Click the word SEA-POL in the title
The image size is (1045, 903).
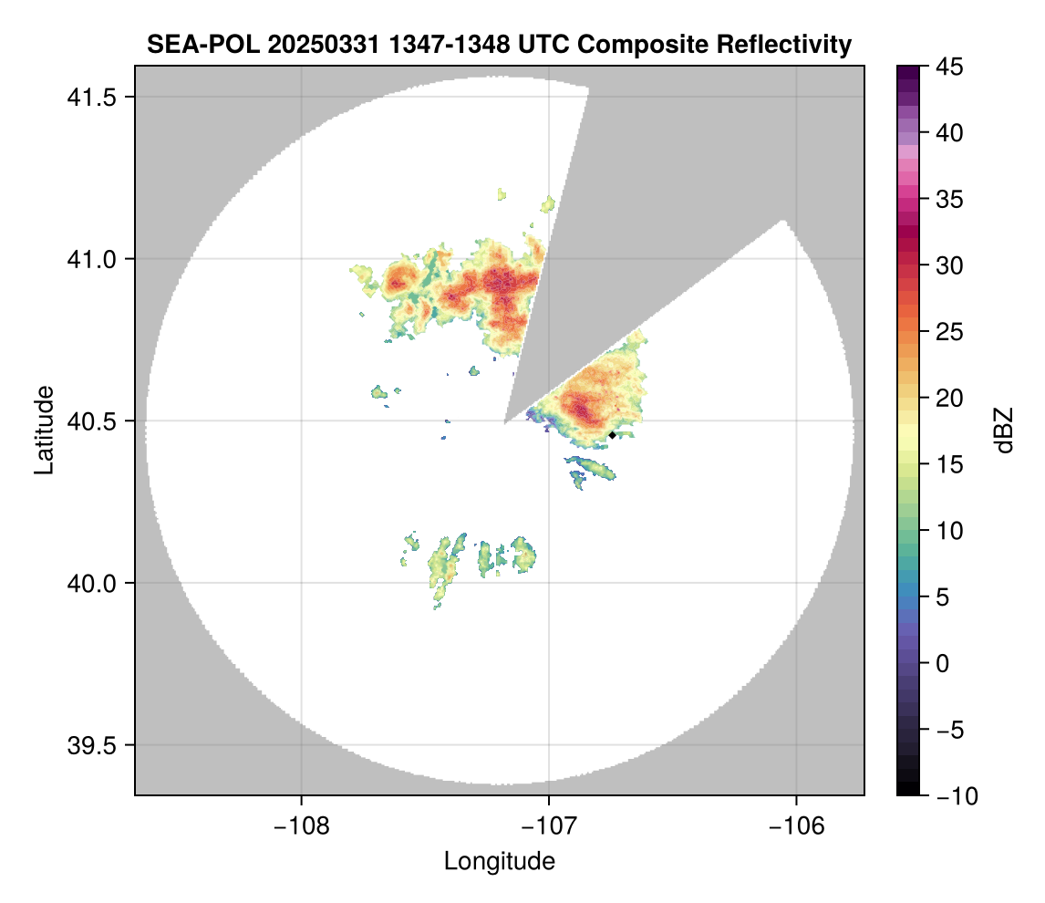189,45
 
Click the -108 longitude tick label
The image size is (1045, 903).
300,825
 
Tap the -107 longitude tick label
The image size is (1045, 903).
549,825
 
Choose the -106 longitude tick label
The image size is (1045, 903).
797,825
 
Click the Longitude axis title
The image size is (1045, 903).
499,861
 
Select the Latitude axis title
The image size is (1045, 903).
44,430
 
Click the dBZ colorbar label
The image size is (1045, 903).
1004,430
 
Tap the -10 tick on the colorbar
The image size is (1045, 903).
954,796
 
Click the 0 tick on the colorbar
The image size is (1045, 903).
942,663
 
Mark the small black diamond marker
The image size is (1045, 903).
612,435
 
